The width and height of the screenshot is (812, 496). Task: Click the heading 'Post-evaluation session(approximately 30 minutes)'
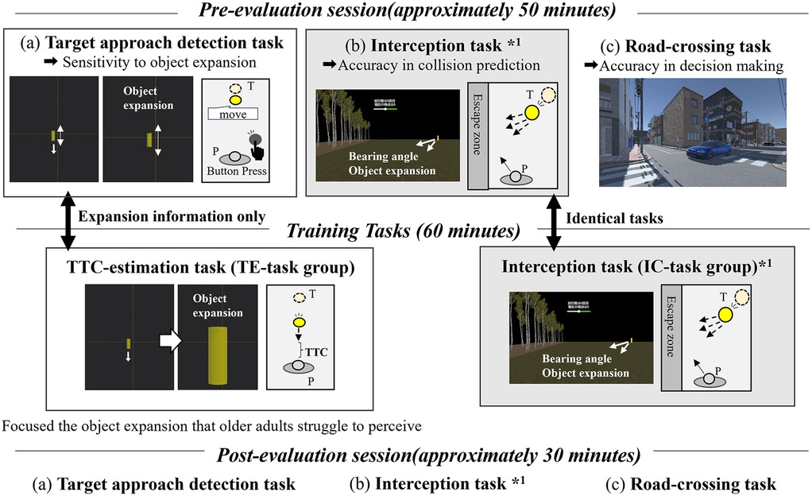[x=406, y=456]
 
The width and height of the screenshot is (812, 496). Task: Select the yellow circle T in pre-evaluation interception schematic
[x=530, y=113]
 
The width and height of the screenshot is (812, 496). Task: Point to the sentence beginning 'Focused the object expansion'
[x=211, y=425]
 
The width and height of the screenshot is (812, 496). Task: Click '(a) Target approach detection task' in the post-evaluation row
[x=163, y=483]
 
